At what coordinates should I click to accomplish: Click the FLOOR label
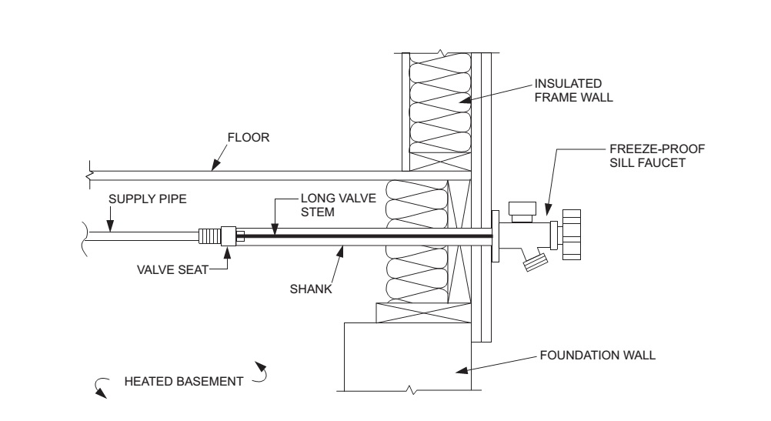249,137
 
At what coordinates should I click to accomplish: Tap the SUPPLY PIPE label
148,199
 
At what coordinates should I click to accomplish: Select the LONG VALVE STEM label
339,205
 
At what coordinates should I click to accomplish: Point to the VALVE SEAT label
172,269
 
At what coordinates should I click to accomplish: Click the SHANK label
311,289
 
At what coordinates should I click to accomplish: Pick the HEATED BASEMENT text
183,382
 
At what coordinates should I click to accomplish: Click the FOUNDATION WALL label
597,355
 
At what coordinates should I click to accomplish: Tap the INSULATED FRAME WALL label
573,91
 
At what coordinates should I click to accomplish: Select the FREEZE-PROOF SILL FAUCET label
657,156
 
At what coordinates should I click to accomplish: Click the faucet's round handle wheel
572,235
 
